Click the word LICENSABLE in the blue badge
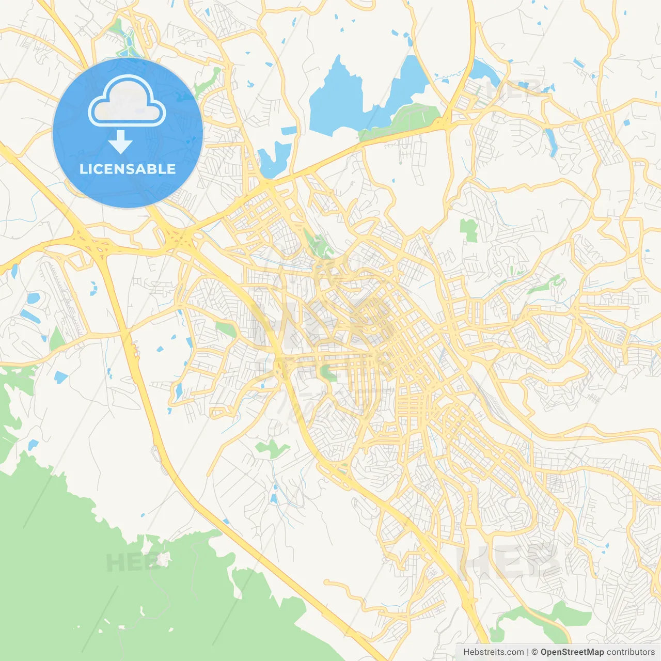click(128, 169)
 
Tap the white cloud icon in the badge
click(127, 102)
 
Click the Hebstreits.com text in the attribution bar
click(493, 652)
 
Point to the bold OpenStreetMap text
click(572, 652)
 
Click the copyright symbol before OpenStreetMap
click(534, 652)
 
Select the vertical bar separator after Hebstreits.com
click(528, 652)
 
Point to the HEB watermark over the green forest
click(132, 562)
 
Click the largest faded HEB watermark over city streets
click(509, 560)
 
